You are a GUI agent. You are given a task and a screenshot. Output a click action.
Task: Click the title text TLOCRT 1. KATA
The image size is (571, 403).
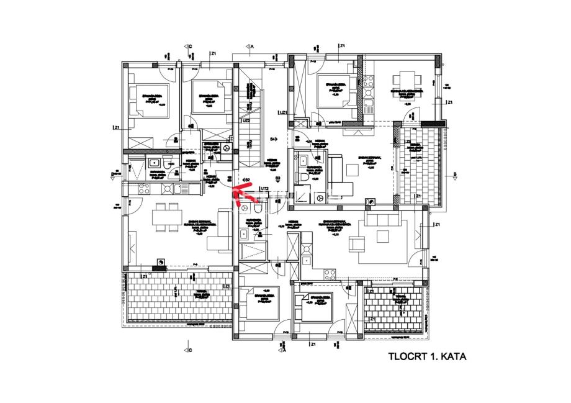click(x=426, y=357)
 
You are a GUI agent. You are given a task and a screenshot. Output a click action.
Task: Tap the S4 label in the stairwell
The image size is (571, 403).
click(x=272, y=138)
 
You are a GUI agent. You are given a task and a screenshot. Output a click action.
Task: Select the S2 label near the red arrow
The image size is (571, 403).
click(x=247, y=180)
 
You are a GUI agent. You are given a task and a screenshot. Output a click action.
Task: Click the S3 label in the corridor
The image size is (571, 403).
click(x=278, y=178)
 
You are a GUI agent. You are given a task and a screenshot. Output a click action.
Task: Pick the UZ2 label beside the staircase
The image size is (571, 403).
click(x=246, y=121)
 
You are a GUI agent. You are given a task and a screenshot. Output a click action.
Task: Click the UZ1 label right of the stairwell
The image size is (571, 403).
click(x=282, y=113)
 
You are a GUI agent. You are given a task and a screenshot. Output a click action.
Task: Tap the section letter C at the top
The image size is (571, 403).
click(x=191, y=46)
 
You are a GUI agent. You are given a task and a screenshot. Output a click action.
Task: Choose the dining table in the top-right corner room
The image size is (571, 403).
click(x=407, y=80)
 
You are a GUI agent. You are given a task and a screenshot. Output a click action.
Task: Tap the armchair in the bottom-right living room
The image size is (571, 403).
click(x=357, y=245)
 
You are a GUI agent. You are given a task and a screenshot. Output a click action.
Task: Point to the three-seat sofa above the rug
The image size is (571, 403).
click(x=384, y=220)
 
